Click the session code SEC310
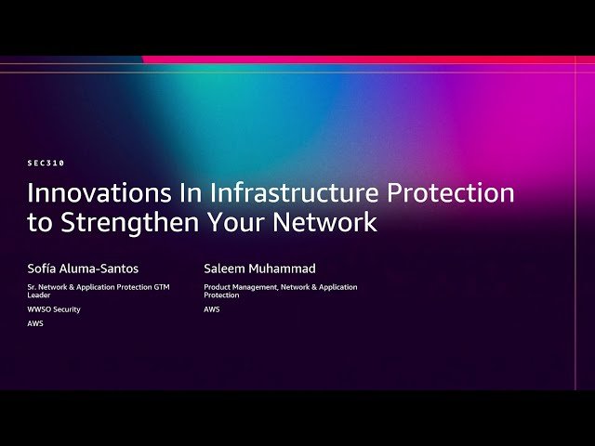point(46,163)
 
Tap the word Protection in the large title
point(449,193)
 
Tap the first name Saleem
point(226,269)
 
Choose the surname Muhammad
point(284,269)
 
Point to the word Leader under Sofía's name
point(39,295)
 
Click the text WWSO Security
point(54,309)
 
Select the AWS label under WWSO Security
point(35,324)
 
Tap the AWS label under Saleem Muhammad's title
point(212,309)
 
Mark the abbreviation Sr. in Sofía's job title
point(32,287)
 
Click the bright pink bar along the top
point(372,59)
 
